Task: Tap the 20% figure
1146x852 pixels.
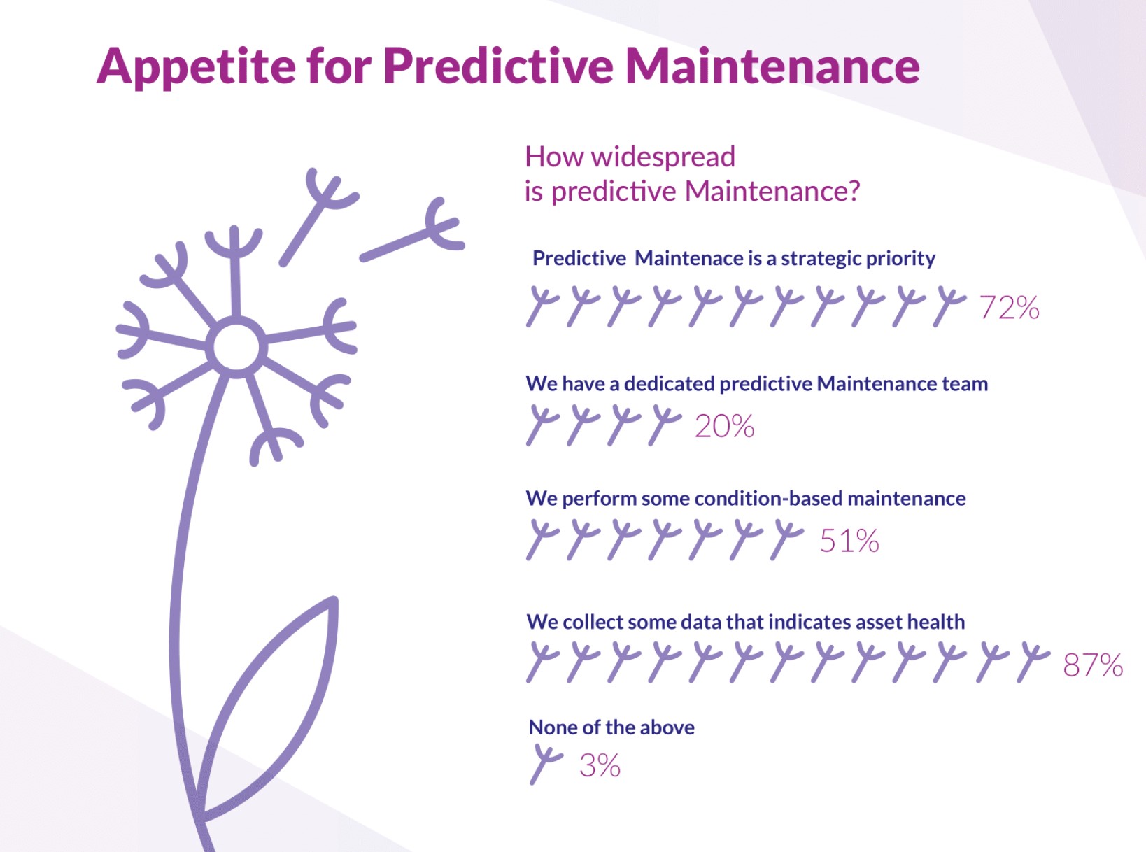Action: [724, 426]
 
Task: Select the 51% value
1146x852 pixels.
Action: [849, 541]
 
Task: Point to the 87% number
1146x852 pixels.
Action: [1093, 665]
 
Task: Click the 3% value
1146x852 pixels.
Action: [600, 765]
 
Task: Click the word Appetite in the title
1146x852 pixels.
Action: [196, 66]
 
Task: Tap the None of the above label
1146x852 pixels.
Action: [611, 727]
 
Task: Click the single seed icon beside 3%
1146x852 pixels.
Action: [546, 765]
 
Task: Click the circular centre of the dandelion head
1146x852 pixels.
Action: [236, 347]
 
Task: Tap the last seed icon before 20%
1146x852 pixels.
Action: [665, 425]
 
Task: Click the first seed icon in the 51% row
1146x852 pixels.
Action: [542, 539]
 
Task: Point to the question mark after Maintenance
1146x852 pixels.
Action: [853, 190]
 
